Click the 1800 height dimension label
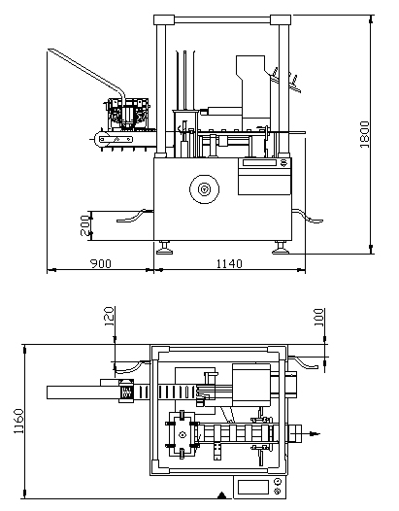pyautogui.click(x=365, y=134)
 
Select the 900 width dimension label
pyautogui.click(x=101, y=263)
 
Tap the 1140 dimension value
pyautogui.click(x=229, y=263)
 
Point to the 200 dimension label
pyautogui.click(x=84, y=225)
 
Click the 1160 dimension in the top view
pyautogui.click(x=18, y=421)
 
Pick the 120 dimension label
pyautogui.click(x=109, y=317)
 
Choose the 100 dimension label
pyautogui.click(x=318, y=318)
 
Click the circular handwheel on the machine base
pyautogui.click(x=204, y=189)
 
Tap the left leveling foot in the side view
pyautogui.click(x=164, y=248)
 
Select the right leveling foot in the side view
pyautogui.click(x=281, y=248)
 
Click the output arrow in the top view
pyautogui.click(x=311, y=433)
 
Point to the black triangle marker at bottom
pyautogui.click(x=222, y=495)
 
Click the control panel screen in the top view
pyautogui.click(x=253, y=488)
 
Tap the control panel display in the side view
pyautogui.click(x=259, y=162)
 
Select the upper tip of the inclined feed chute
pyautogui.click(x=49, y=50)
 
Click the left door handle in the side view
pyautogui.click(x=135, y=217)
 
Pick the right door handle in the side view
pyautogui.click(x=308, y=217)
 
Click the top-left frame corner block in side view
pyautogui.click(x=164, y=19)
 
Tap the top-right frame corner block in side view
pyautogui.click(x=281, y=19)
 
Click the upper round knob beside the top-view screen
pyautogui.click(x=278, y=481)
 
